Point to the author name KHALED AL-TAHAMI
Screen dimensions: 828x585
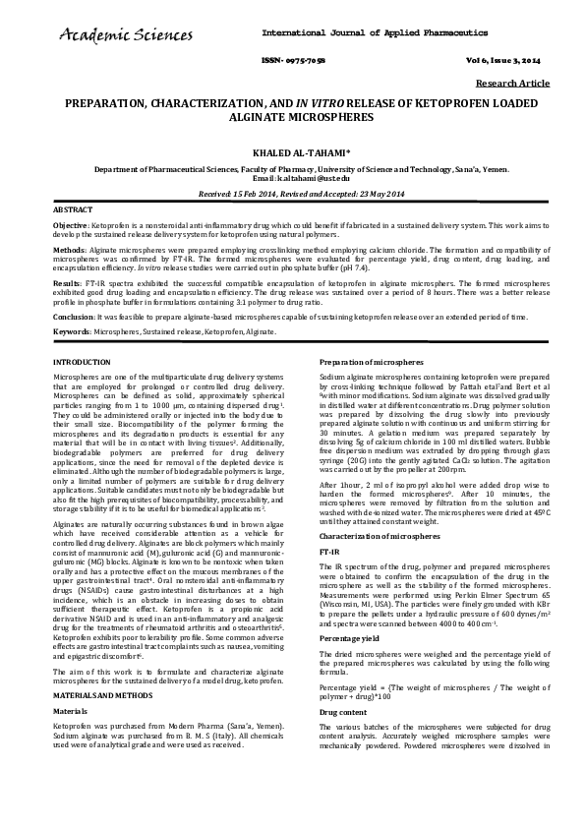pos(292,153)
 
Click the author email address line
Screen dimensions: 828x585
pos(292,177)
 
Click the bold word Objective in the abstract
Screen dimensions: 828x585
pos(70,225)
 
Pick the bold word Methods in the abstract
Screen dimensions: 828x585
pos(68,251)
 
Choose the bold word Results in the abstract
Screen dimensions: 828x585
pos(67,282)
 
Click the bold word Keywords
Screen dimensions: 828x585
pos(71,332)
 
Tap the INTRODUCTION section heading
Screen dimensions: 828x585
pos(82,364)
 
